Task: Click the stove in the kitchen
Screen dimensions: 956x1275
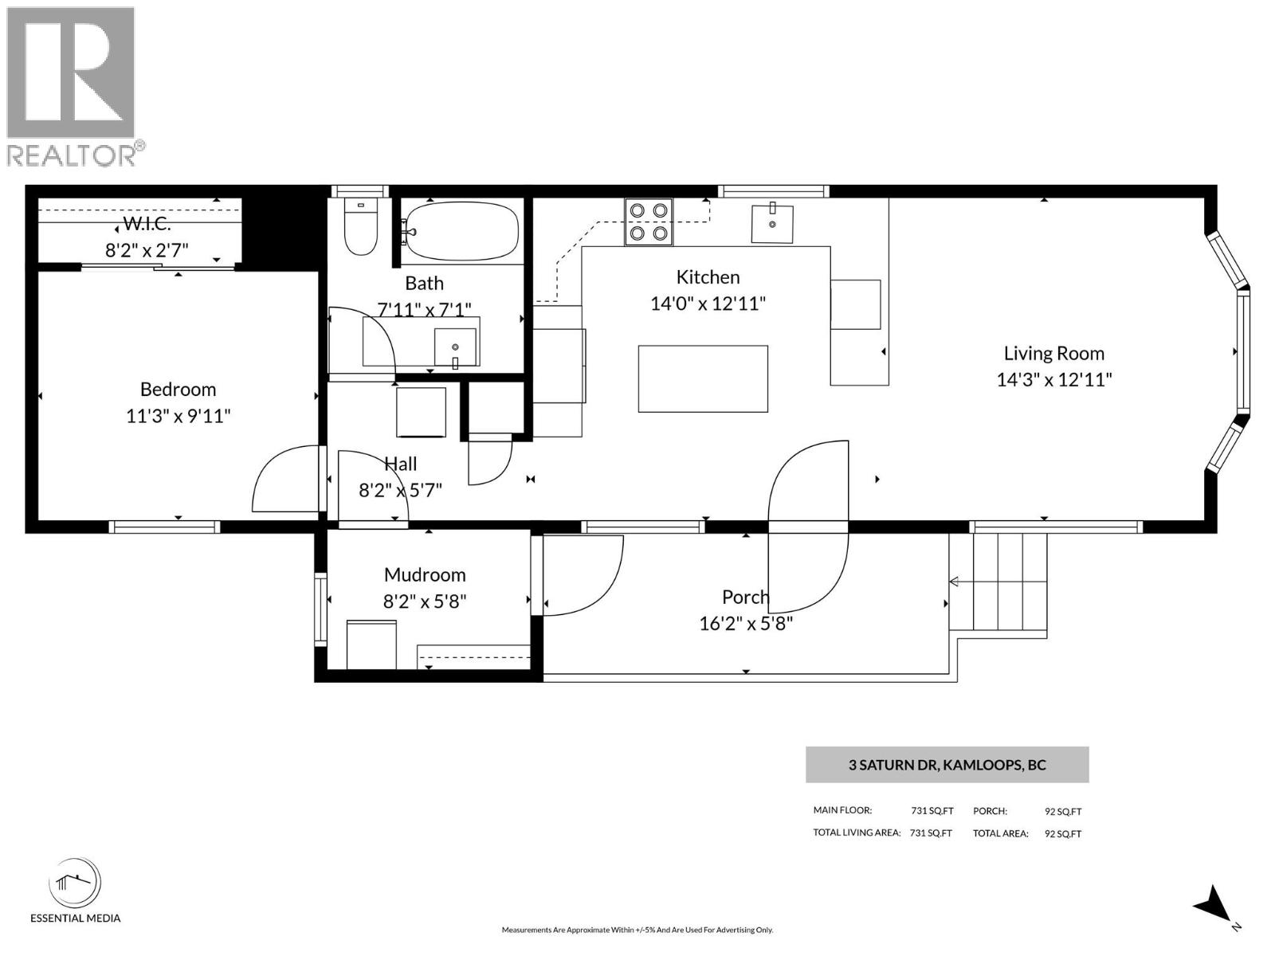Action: pos(648,221)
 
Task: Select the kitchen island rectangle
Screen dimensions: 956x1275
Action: pos(702,378)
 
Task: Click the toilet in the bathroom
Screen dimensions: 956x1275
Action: pos(360,226)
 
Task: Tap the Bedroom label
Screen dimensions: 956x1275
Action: pos(178,390)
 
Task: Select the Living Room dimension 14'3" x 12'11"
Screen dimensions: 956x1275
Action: pos(1053,380)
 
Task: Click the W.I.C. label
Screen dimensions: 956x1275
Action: pos(147,224)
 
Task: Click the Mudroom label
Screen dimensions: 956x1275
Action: pos(424,574)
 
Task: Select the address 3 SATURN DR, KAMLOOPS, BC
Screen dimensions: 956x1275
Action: pos(947,765)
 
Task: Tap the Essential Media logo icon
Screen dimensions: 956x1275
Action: pos(74,883)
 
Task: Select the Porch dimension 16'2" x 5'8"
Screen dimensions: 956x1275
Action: pos(745,623)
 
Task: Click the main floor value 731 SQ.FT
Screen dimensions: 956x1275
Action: pos(932,811)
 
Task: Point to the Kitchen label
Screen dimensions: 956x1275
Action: pos(708,277)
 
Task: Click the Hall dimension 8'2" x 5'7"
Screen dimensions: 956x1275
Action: pos(400,491)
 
